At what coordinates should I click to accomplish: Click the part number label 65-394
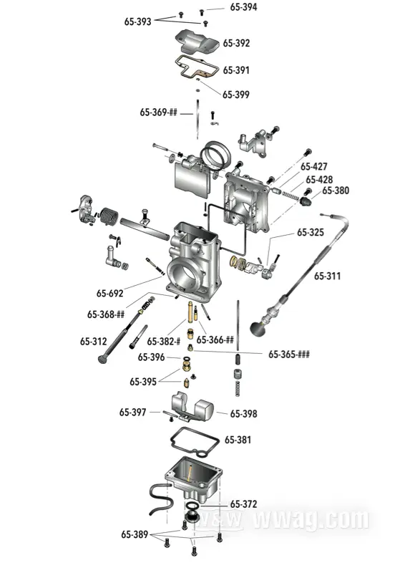(243, 7)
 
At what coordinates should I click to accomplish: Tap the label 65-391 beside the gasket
(236, 69)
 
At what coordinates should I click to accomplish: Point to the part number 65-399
(236, 95)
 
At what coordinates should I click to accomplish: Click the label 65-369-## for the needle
(159, 112)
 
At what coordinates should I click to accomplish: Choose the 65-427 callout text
(314, 166)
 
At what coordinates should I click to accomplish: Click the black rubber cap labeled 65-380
(306, 201)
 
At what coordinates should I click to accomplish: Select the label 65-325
(311, 232)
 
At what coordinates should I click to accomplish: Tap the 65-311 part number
(327, 276)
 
